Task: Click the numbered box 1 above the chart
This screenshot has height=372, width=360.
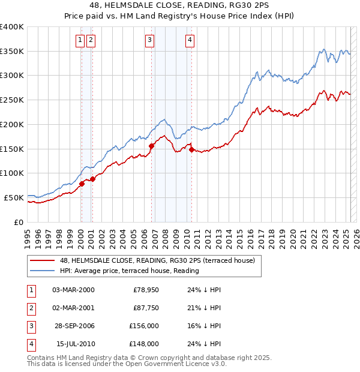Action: pos(80,40)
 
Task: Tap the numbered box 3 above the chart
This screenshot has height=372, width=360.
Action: pos(149,40)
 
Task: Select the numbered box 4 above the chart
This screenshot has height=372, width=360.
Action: pos(189,40)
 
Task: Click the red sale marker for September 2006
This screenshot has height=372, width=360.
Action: pos(151,146)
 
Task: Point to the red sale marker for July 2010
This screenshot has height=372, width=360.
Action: pos(191,150)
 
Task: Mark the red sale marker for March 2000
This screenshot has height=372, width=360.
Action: pos(82,184)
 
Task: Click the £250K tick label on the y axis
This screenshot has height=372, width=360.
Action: pos(11,100)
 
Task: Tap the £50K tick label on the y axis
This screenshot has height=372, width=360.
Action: pos(14,197)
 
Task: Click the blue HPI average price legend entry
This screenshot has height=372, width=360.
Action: pos(128,271)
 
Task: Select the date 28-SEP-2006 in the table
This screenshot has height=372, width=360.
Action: pos(74,326)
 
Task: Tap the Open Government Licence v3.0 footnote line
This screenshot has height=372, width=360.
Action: pos(127,364)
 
